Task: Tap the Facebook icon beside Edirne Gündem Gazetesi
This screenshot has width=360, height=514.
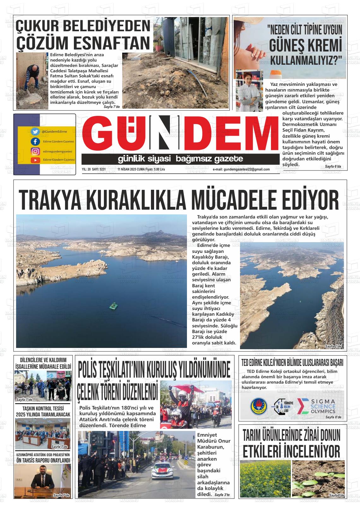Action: tap(35, 141)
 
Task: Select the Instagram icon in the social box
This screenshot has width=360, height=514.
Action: tap(35, 151)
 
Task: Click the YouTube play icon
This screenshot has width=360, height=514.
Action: tap(35, 160)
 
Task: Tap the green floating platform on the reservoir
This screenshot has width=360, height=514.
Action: tap(113, 305)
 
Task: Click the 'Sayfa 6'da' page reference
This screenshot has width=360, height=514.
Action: tap(334, 166)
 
